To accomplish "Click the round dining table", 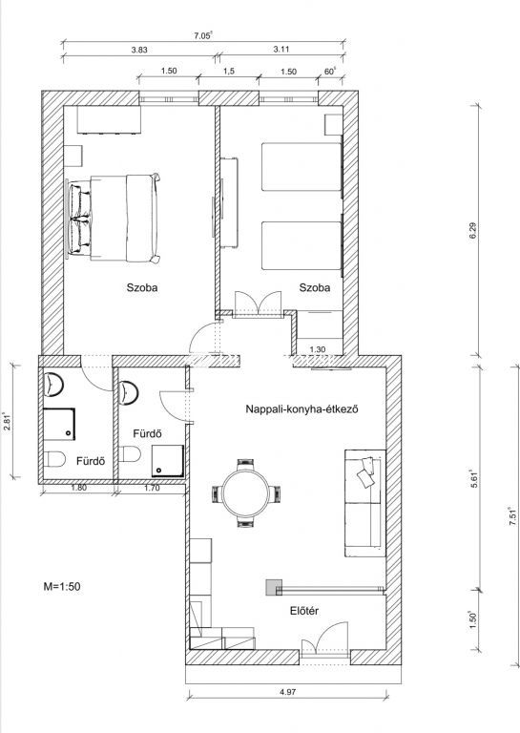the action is coord(246,493).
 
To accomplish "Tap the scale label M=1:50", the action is coord(62,586).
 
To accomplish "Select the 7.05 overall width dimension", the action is coord(203,35).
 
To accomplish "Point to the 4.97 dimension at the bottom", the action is coord(288,692).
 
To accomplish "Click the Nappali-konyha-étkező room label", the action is coord(302,409).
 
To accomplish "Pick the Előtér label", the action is coord(304,611).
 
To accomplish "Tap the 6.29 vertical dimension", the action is coord(472,231).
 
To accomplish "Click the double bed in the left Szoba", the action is coord(114,218).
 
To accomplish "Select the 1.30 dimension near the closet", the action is coord(318,349).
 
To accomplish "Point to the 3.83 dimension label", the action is coord(139,50).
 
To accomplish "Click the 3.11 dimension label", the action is coord(281,49).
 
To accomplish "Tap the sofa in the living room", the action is coord(364,503).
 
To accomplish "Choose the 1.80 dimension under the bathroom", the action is coord(78,487).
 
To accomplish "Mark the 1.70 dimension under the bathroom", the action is coord(152,488).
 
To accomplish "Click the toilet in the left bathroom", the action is coord(54,458).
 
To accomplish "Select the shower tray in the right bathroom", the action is coord(167,461).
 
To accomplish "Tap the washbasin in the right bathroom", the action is coord(128,392).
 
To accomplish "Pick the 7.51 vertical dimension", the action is coord(512,516).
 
